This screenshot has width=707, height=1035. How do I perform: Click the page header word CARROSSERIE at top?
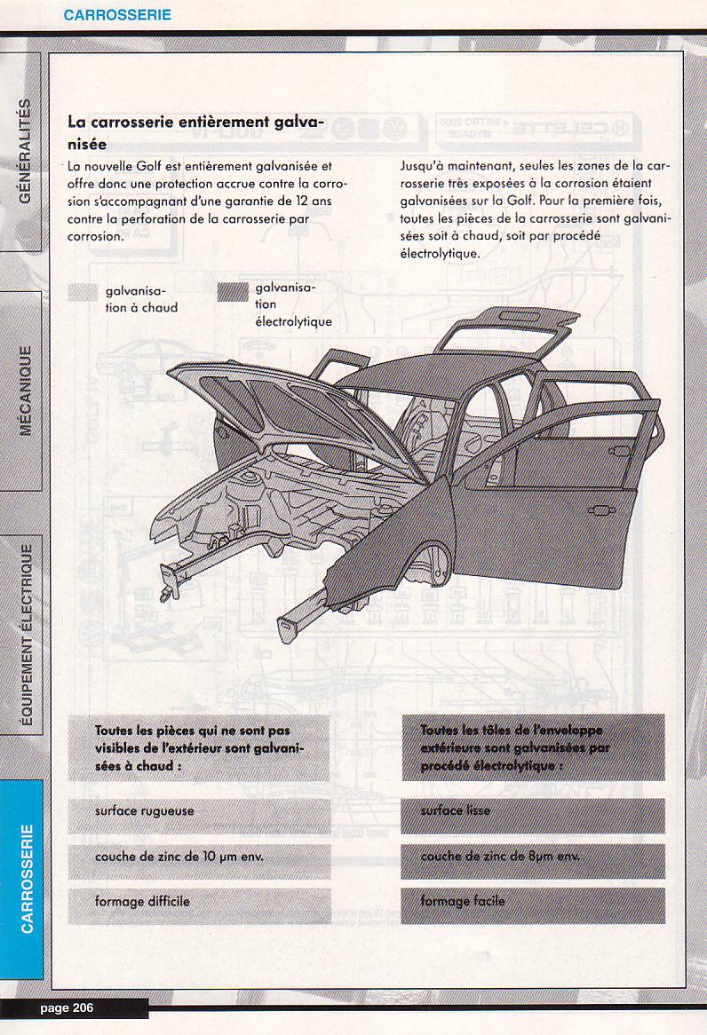point(117,15)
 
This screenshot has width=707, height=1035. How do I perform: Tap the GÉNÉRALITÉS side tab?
point(24,150)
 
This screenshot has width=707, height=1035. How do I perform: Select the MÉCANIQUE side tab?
point(24,391)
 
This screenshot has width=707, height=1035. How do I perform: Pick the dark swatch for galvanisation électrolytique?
point(234,294)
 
